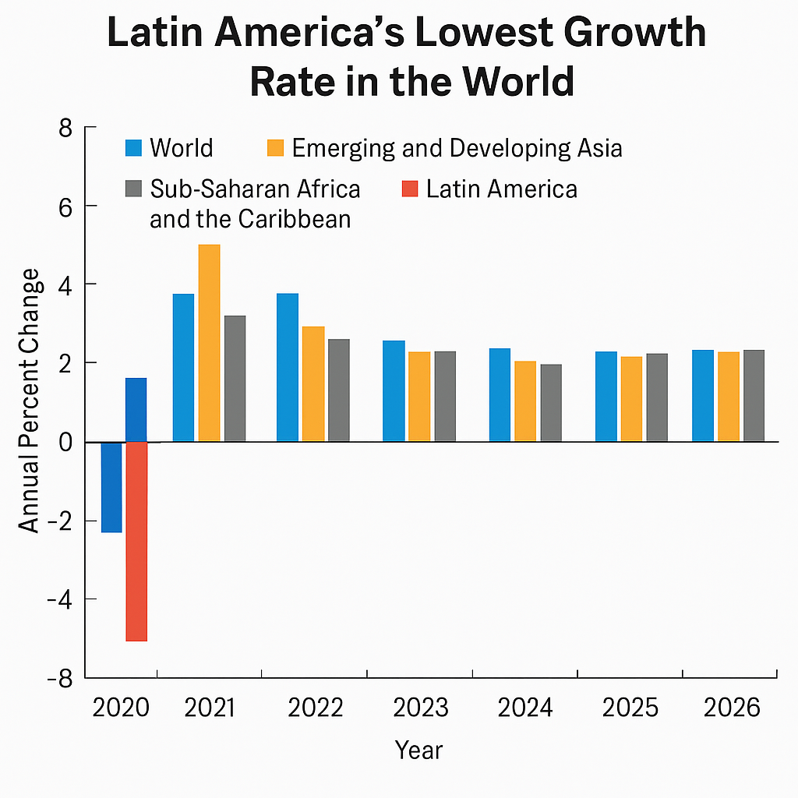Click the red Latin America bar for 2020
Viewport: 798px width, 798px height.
136,541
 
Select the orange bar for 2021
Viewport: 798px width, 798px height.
209,343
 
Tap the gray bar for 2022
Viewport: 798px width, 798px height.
338,390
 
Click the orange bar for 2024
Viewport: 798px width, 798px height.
525,401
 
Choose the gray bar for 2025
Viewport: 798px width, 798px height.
657,397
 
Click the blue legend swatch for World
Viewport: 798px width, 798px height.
133,148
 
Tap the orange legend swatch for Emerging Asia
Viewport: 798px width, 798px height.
275,148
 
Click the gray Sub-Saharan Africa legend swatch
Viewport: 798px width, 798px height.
133,189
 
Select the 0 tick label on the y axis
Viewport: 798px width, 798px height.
66,442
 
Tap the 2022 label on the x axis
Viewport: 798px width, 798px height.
315,708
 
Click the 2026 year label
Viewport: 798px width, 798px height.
731,708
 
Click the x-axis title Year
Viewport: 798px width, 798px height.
418,750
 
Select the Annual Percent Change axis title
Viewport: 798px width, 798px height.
30,401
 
